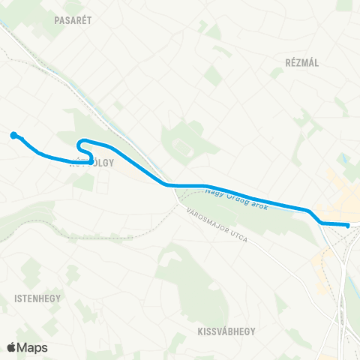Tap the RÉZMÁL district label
coord(302,62)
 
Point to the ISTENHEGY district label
coord(33,298)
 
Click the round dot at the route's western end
coord(13,135)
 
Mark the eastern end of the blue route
coord(348,225)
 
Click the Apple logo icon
coord(12,347)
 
